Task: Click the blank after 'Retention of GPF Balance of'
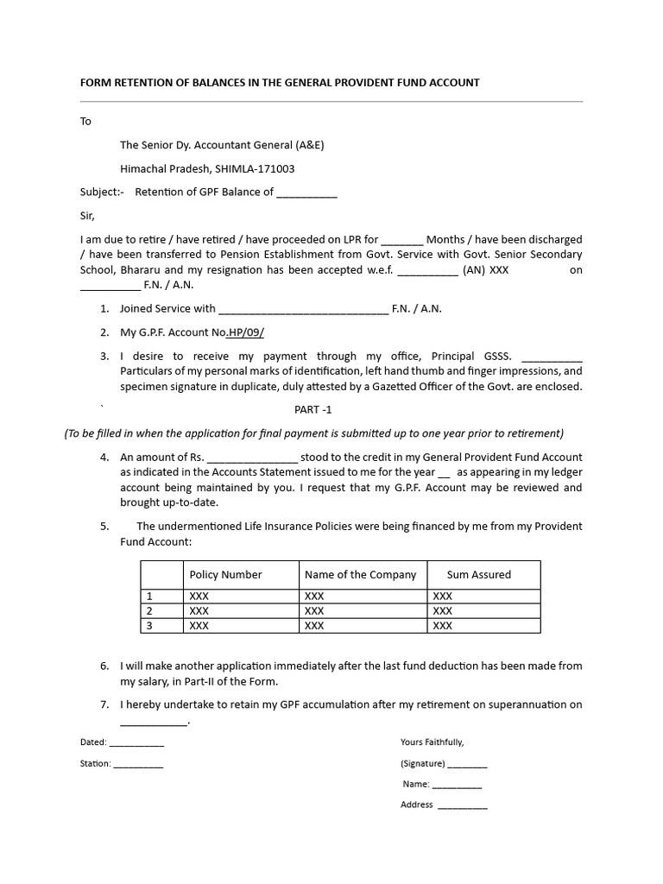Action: (306, 193)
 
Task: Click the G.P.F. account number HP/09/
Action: (246, 332)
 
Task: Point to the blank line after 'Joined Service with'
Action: (303, 309)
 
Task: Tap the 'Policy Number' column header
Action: (225, 575)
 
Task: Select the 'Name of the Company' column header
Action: (360, 575)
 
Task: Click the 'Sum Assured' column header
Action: (478, 575)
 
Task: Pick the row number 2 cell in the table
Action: (149, 611)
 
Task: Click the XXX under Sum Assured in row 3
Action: (442, 626)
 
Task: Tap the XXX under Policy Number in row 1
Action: (199, 597)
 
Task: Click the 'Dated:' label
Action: (93, 742)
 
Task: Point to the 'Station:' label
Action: (95, 764)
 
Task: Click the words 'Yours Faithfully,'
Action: (432, 742)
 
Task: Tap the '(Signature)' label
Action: (422, 764)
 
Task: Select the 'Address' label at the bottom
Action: (416, 805)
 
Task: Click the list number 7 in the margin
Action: (104, 705)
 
